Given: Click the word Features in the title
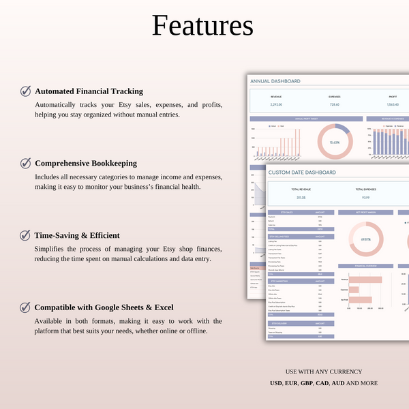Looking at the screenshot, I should point(202,26).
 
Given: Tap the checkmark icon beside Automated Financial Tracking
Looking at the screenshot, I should point(25,91).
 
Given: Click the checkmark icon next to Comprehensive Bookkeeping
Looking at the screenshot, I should point(25,163).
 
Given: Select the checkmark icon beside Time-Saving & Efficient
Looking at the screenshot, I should point(25,235).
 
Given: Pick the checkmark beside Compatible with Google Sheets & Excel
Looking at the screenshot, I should point(25,307).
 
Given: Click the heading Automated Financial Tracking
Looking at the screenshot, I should point(89,91).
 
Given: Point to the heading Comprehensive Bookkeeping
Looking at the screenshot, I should point(86,163).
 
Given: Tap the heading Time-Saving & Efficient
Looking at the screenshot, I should point(77,235).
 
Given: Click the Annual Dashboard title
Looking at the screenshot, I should point(275,81).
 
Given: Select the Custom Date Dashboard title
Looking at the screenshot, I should point(302,173).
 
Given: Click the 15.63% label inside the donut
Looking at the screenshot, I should point(335,142).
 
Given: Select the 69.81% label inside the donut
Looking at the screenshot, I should point(365,239).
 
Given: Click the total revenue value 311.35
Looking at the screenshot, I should point(301,198).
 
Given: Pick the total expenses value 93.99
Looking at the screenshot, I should point(365,198).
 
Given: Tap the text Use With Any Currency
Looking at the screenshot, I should point(323,372).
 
